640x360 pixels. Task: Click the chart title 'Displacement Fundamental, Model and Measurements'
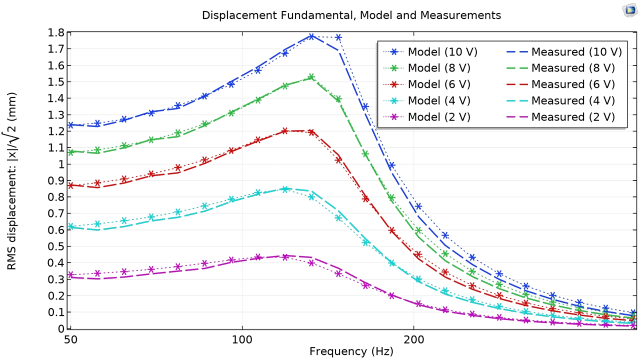[x=351, y=15]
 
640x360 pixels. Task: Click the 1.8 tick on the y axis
[x=56, y=33]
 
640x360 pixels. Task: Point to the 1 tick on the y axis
[x=61, y=164]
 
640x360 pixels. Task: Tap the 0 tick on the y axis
[x=61, y=328]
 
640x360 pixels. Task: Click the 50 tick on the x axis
[x=71, y=340]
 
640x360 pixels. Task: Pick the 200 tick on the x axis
[x=413, y=340]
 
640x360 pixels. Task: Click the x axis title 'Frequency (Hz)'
[x=351, y=351]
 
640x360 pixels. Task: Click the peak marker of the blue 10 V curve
[x=311, y=36]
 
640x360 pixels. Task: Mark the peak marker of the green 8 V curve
[x=311, y=77]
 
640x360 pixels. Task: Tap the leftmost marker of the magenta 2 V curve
[x=70, y=274]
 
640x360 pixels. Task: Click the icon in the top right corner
[x=629, y=10]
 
